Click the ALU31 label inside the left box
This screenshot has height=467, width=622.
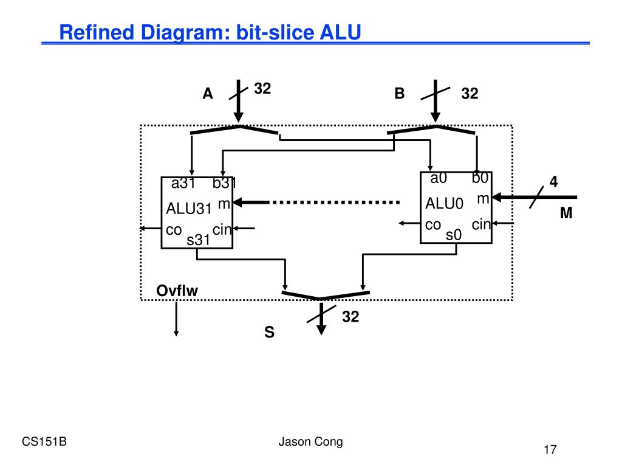point(189,209)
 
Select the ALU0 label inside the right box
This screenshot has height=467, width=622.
point(444,204)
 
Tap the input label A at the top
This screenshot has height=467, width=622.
point(208,94)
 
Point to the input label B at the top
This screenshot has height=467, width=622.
point(400,93)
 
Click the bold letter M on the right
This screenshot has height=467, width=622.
point(566,213)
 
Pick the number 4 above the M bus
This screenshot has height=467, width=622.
point(553,182)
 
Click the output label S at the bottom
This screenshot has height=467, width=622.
point(269,332)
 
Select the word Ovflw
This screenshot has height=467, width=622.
point(177,291)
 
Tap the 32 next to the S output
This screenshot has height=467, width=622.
point(350,316)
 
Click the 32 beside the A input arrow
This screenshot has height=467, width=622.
point(262,89)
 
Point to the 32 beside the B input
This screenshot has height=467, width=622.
point(470,94)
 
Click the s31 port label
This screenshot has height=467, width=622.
point(198,240)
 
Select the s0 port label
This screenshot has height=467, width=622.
point(454,235)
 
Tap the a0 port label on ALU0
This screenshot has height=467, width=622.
point(439,178)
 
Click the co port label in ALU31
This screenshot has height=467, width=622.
point(174,230)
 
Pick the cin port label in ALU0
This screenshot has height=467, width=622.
point(481,224)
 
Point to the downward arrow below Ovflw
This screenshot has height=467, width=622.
point(176,319)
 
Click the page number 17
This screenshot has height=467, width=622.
point(550,449)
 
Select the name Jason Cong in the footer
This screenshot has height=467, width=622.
point(310,441)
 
